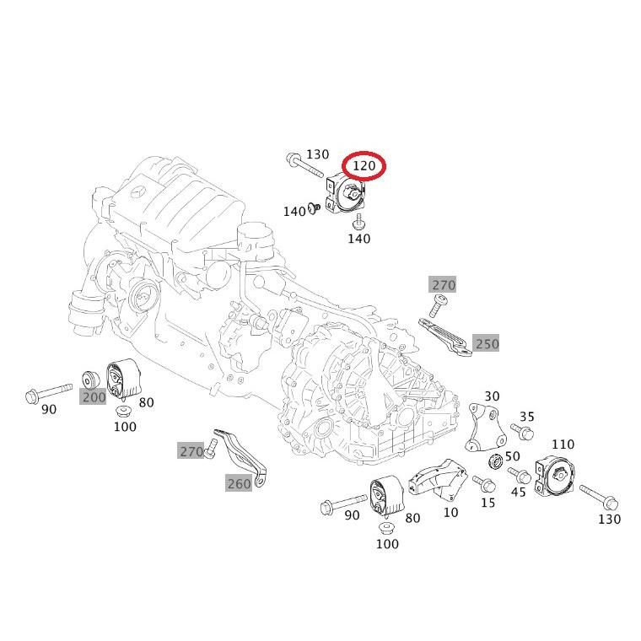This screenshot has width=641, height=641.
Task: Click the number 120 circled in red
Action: click(x=364, y=166)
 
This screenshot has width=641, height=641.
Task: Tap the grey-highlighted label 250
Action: click(x=487, y=343)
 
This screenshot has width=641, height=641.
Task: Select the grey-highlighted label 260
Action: click(x=239, y=483)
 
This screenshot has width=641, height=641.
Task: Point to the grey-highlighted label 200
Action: click(x=94, y=396)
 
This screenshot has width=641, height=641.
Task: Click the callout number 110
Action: click(x=563, y=444)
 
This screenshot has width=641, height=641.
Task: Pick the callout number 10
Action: click(x=450, y=512)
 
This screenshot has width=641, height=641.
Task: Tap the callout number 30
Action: click(x=492, y=396)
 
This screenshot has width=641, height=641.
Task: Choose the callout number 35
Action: click(x=527, y=417)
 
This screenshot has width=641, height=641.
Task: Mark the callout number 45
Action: click(x=519, y=492)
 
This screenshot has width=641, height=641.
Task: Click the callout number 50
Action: click(x=512, y=456)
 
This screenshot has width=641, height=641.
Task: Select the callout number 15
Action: click(x=488, y=503)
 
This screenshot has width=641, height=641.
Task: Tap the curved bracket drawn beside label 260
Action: click(x=244, y=456)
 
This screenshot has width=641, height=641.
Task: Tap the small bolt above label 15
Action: click(x=484, y=483)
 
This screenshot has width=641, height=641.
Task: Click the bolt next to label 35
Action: click(x=523, y=433)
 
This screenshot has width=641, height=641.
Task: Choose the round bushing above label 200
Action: click(x=89, y=379)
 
